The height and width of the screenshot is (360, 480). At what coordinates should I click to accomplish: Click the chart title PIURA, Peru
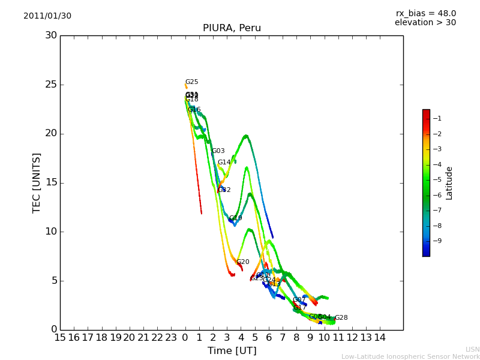[232, 28]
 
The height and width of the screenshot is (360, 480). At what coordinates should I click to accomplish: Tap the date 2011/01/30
[47, 16]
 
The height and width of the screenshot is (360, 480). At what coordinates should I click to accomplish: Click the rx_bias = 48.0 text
[425, 13]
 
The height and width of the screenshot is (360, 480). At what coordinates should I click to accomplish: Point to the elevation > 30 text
[425, 23]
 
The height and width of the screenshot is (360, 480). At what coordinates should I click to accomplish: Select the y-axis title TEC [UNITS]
[37, 182]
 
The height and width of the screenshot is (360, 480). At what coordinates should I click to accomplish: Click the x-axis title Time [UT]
[232, 350]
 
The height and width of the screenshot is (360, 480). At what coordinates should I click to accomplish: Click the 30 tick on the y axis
[51, 35]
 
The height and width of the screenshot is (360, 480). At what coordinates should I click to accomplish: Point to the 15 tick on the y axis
[51, 182]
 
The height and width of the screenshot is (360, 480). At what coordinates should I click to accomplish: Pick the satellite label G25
[191, 82]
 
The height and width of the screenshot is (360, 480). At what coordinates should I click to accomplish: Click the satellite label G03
[218, 151]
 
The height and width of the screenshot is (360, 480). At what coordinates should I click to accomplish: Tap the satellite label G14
[224, 163]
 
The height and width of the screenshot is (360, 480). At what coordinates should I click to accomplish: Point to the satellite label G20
[242, 262]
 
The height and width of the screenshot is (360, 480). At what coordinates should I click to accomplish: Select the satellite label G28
[341, 318]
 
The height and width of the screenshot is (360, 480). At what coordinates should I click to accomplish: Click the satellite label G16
[194, 110]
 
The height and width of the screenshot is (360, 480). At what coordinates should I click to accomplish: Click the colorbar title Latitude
[449, 183]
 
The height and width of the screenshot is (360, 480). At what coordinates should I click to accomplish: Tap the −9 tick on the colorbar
[437, 241]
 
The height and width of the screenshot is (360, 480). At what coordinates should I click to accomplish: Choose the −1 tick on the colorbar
[437, 118]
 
